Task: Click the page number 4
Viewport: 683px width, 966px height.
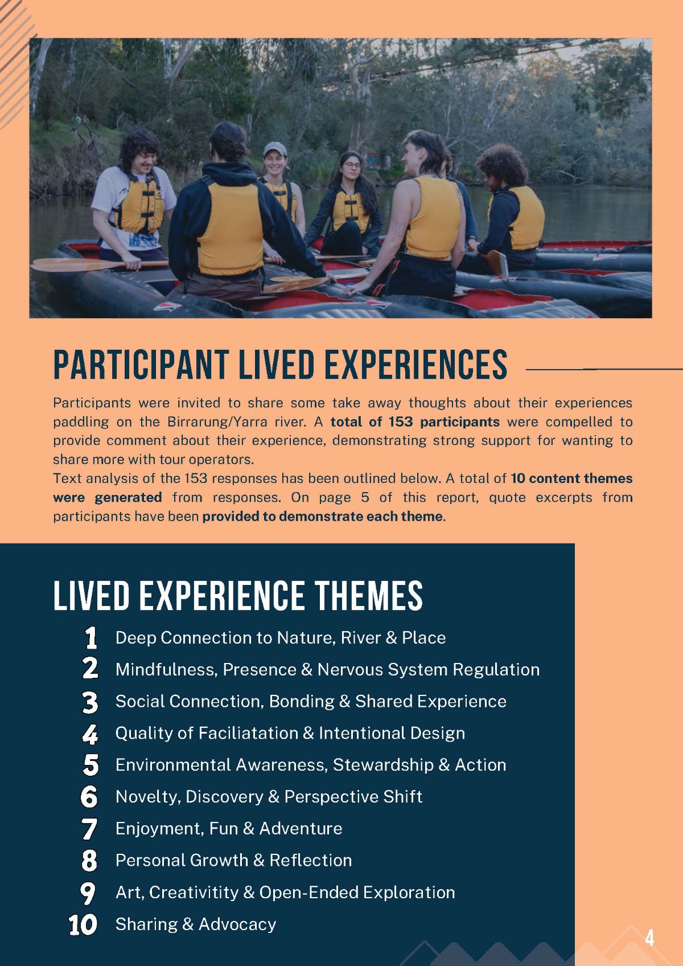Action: point(649,938)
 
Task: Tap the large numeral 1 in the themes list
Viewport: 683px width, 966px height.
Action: point(91,638)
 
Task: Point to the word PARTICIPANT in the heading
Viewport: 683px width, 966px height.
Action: point(140,365)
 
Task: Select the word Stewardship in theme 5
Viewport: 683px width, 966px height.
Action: point(383,765)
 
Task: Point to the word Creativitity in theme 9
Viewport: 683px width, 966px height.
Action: point(194,893)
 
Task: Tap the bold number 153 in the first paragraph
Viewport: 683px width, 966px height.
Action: point(401,421)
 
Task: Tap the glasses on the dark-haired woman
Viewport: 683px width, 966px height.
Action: point(352,165)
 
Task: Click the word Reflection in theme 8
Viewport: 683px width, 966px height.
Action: point(311,861)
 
